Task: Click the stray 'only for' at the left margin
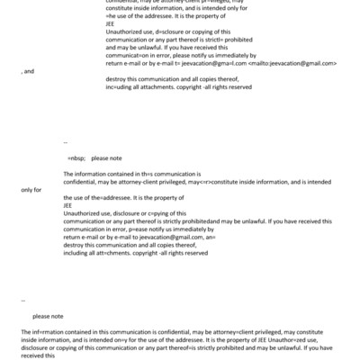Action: pyautogui.click(x=31, y=189)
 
